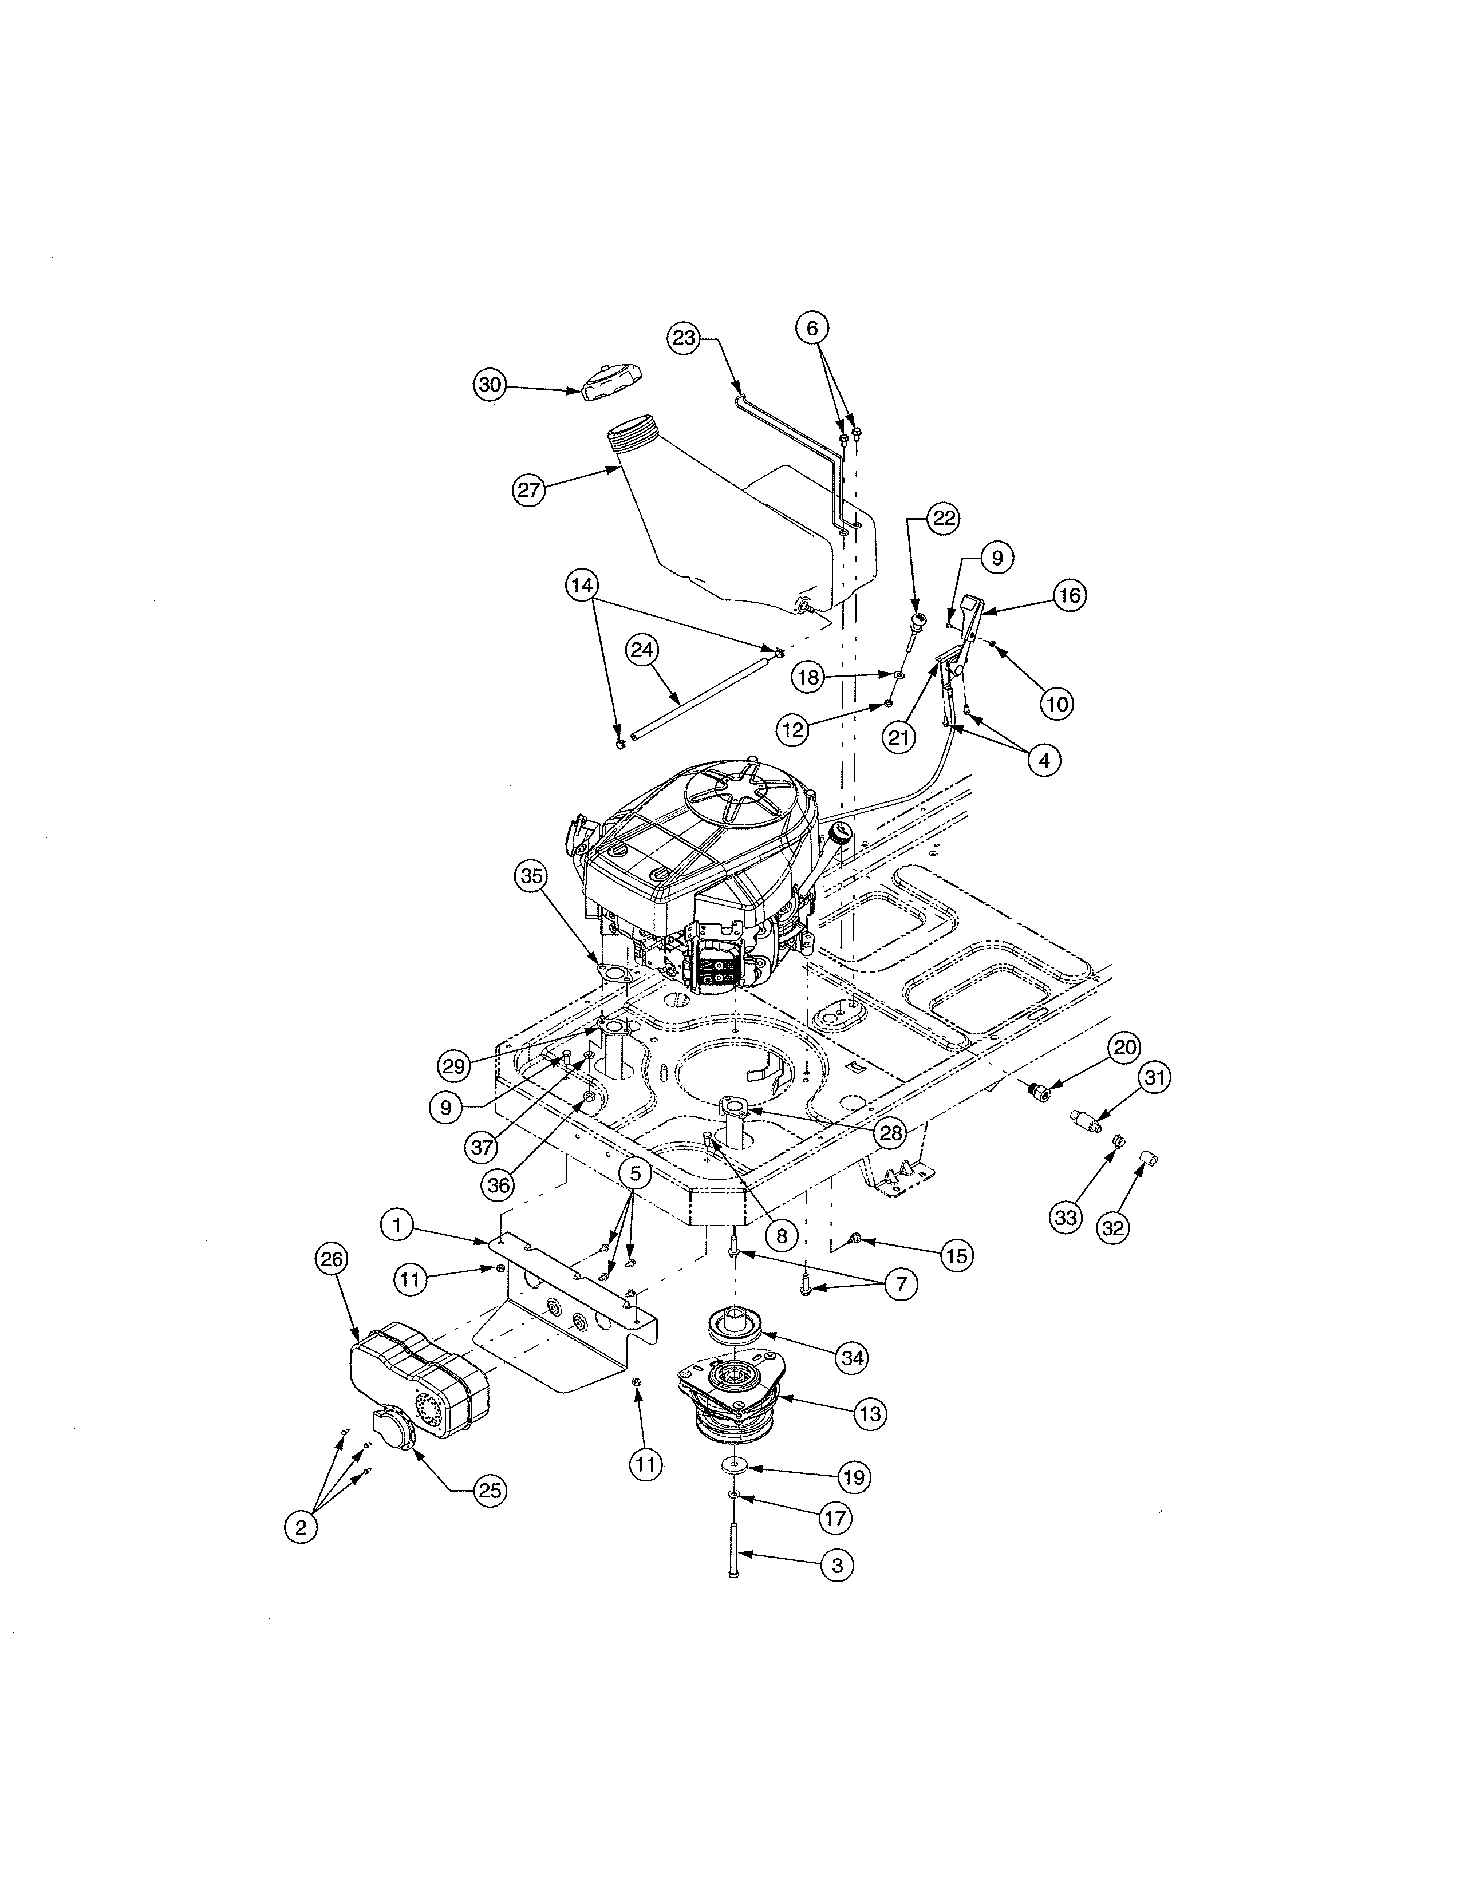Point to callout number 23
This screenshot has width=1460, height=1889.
[684, 338]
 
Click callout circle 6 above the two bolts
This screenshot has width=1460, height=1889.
[812, 328]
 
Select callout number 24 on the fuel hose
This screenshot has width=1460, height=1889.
[642, 650]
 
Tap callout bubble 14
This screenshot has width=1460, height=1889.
[582, 586]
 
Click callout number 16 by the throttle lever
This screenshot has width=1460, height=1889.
[1070, 595]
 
